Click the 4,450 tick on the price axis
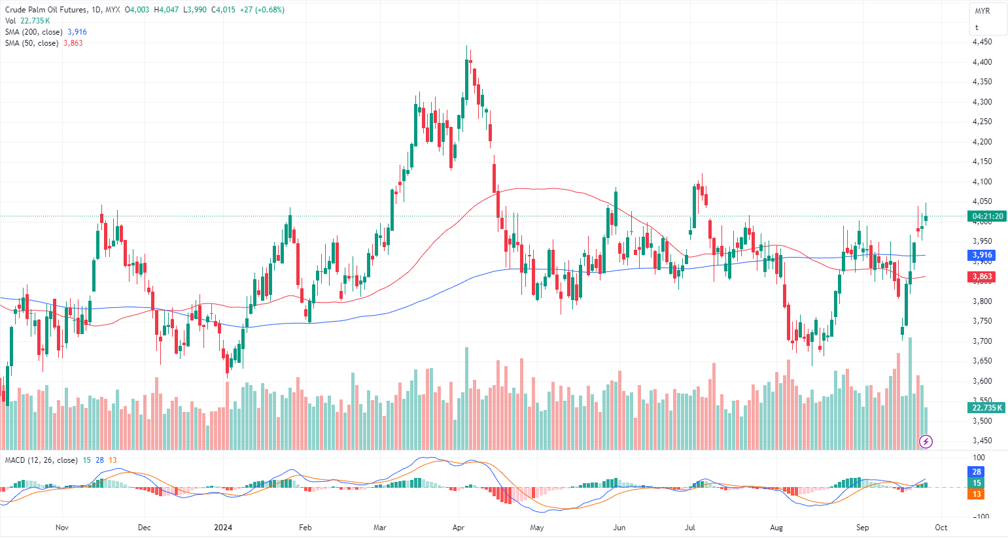coord(981,42)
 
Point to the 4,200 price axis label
coord(981,142)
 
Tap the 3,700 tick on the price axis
coord(981,341)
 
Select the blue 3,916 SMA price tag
coord(981,256)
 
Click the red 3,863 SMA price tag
coord(981,277)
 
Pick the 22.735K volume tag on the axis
coord(986,407)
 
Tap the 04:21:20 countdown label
coord(987,216)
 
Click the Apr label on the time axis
coord(459,528)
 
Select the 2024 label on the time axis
coord(224,528)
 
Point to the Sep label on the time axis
coord(863,528)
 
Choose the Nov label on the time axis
coord(61,528)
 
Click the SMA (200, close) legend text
coord(34,32)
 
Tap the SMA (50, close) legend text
coord(31,43)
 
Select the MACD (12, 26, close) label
coord(41,460)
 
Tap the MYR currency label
coord(982,11)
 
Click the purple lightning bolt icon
coord(926,442)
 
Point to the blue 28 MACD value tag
coord(977,472)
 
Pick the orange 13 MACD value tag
coord(977,494)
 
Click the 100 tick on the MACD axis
coord(979,458)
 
